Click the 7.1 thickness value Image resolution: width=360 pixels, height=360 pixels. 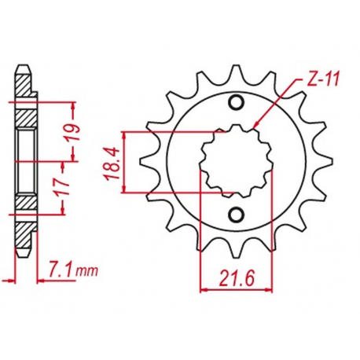click(x=64, y=272)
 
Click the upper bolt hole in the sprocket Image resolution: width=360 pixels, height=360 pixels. click(x=235, y=101)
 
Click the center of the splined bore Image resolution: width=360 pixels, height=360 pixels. click(x=233, y=159)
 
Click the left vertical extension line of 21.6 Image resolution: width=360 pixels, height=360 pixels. click(x=202, y=236)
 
